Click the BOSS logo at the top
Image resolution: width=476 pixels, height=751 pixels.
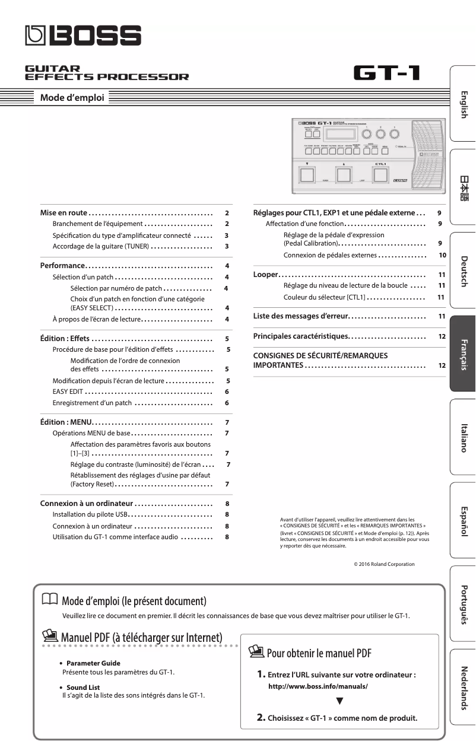coord(83,37)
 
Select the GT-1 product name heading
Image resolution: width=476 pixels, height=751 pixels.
coord(387,74)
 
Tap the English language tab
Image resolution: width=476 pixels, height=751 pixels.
coord(464,104)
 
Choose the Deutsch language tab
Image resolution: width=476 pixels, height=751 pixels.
coord(464,272)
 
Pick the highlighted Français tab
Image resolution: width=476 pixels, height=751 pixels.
coord(464,354)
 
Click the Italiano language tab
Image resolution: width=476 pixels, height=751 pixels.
coord(464,438)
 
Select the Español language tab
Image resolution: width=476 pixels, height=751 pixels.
coord(464,521)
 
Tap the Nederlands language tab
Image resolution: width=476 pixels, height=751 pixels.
coord(464,688)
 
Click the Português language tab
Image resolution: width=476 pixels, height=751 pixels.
coord(464,604)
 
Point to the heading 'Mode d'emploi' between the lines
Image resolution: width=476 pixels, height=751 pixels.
coord(72,98)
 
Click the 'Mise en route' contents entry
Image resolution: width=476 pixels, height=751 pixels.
coord(64,212)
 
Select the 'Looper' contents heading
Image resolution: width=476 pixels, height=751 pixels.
coord(265,275)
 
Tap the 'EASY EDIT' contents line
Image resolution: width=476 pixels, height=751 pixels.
coord(67,392)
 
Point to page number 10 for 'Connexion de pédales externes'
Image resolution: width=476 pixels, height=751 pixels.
coord(442,255)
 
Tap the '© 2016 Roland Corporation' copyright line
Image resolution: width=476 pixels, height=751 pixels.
coord(384,564)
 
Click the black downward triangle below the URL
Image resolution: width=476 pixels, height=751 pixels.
coord(339,701)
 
